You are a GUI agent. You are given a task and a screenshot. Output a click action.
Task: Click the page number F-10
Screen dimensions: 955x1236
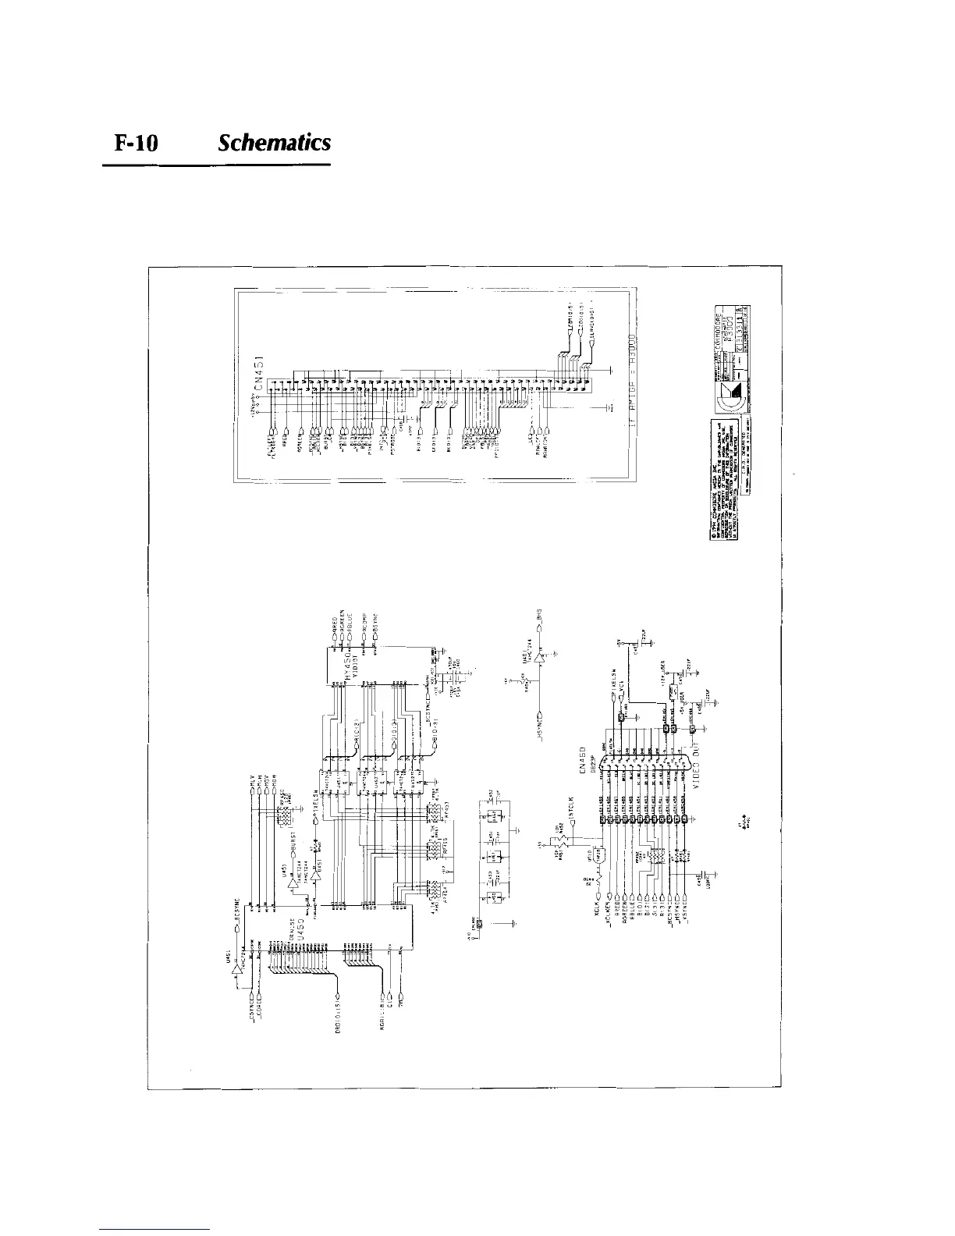[137, 144]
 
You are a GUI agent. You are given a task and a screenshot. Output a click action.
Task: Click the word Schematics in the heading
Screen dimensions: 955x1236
[275, 144]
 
